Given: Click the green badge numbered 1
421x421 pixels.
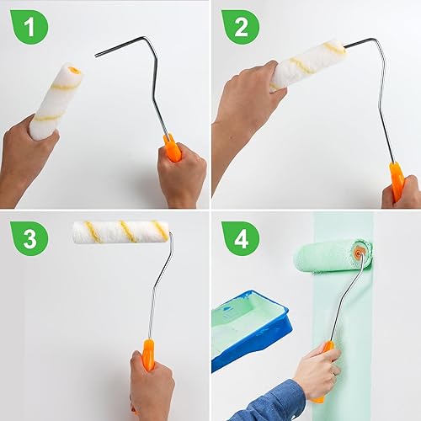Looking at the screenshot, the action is pos(29,27).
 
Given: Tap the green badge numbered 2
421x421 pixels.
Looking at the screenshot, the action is pos(241,27).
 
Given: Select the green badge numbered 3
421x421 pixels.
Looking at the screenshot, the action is pos(29,238).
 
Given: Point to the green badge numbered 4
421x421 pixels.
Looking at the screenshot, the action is pos(241,238).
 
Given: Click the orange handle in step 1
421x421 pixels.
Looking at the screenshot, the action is pos(172,147).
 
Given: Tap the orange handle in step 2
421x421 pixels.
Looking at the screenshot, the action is pos(397,181).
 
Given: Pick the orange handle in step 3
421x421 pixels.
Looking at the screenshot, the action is pos(148,354).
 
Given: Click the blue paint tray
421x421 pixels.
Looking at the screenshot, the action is pos(250,328).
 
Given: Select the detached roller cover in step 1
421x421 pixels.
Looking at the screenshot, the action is pos(56,100).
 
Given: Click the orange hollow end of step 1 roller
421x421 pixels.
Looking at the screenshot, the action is pos(74,70).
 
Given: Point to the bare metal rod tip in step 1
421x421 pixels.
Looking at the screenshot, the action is pos(96,56).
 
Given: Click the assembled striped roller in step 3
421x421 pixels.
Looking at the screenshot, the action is pos(120,232).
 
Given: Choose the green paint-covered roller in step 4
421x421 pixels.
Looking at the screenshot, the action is pos(333,256).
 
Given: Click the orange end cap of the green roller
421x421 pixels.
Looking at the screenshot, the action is pos(359,252).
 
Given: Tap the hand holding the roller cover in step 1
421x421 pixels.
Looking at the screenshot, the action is pos(27,160).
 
